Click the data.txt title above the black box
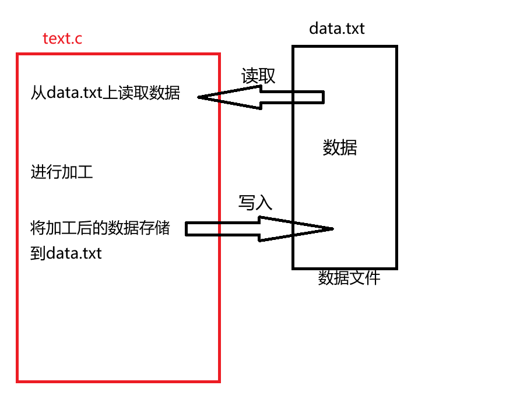click(x=337, y=28)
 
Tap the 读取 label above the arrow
click(x=258, y=76)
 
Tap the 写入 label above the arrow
click(x=255, y=202)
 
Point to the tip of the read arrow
click(x=199, y=97)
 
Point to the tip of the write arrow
click(x=332, y=228)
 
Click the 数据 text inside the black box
click(x=340, y=148)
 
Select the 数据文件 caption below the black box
click(x=349, y=278)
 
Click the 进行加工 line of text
click(x=62, y=172)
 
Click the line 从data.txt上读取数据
click(x=106, y=93)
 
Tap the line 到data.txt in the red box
click(x=66, y=253)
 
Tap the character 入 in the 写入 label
click(x=264, y=202)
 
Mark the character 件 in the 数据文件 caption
click(x=373, y=278)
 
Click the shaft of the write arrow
click(x=222, y=229)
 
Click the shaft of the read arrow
click(x=291, y=97)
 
